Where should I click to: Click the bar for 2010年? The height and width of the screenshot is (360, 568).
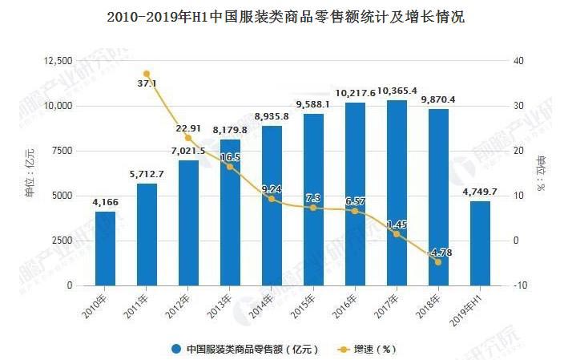[105, 248]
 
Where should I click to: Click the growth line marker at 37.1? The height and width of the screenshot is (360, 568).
[147, 74]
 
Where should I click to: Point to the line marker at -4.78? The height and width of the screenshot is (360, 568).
[437, 261]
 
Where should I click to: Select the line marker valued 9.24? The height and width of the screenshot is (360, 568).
[272, 199]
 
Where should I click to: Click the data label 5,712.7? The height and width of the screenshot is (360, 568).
[147, 176]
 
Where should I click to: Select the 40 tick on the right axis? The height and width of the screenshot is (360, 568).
[518, 61]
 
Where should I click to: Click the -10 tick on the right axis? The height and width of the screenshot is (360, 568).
[520, 285]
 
